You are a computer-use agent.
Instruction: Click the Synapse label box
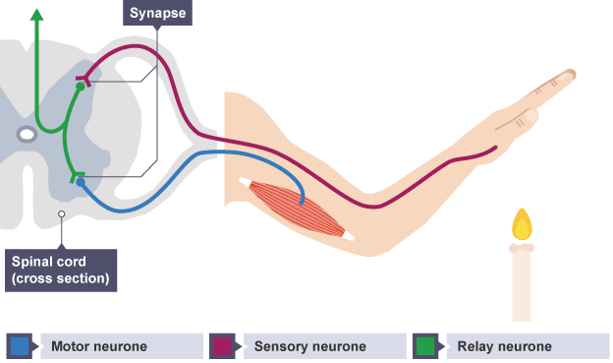(157, 13)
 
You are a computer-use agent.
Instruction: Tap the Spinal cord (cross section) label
(61, 271)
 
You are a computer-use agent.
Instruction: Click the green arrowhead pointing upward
(36, 15)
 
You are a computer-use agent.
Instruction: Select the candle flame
(522, 224)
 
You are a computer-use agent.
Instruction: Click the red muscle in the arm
(298, 209)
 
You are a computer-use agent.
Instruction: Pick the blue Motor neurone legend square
(20, 346)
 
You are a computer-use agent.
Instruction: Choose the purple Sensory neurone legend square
(222, 346)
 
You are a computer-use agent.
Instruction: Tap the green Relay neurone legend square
(425, 346)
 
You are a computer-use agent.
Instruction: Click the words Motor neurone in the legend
(99, 346)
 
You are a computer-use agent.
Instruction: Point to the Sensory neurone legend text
(310, 346)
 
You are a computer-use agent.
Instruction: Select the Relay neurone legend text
(504, 346)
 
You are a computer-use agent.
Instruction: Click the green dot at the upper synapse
(81, 87)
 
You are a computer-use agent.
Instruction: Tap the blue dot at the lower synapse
(81, 182)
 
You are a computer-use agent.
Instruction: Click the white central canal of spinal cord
(27, 135)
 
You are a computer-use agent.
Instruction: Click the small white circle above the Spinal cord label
(61, 214)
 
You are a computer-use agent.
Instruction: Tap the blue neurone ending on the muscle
(302, 203)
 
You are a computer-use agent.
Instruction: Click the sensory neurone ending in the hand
(496, 148)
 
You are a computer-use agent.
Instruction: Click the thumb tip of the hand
(531, 115)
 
